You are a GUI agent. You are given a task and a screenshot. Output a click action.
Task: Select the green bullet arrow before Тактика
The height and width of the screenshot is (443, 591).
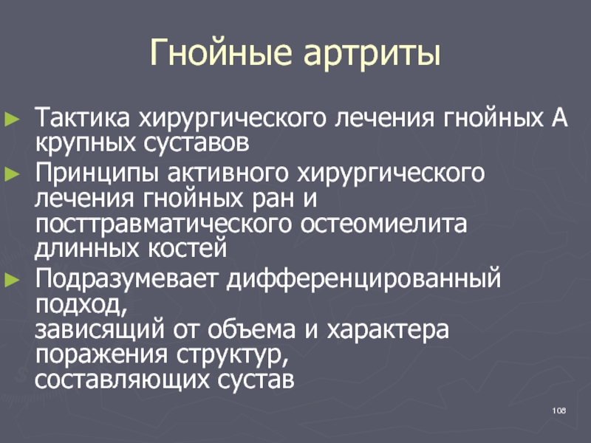click(x=12, y=119)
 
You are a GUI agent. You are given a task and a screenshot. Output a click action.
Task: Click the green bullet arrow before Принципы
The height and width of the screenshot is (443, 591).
click(x=12, y=174)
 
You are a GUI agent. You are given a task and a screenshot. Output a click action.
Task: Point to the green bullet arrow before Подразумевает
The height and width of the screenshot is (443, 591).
click(x=12, y=280)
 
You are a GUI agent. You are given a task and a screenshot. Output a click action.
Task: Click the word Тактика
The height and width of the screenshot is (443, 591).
click(x=82, y=117)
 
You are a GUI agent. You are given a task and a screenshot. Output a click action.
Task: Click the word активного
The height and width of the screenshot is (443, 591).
click(x=228, y=173)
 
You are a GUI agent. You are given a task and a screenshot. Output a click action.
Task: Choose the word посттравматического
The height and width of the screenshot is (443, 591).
click(x=163, y=225)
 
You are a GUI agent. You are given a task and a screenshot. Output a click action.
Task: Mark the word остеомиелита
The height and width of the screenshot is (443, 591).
click(x=383, y=224)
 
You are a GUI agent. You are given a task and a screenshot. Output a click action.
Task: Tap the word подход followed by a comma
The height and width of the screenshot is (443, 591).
click(x=81, y=305)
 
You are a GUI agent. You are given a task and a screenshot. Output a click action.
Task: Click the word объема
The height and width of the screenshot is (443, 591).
click(x=251, y=329)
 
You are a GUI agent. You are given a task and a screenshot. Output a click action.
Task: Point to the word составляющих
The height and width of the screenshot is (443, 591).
click(x=122, y=380)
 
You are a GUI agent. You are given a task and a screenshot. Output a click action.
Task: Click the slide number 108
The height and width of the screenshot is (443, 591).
click(x=559, y=411)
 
